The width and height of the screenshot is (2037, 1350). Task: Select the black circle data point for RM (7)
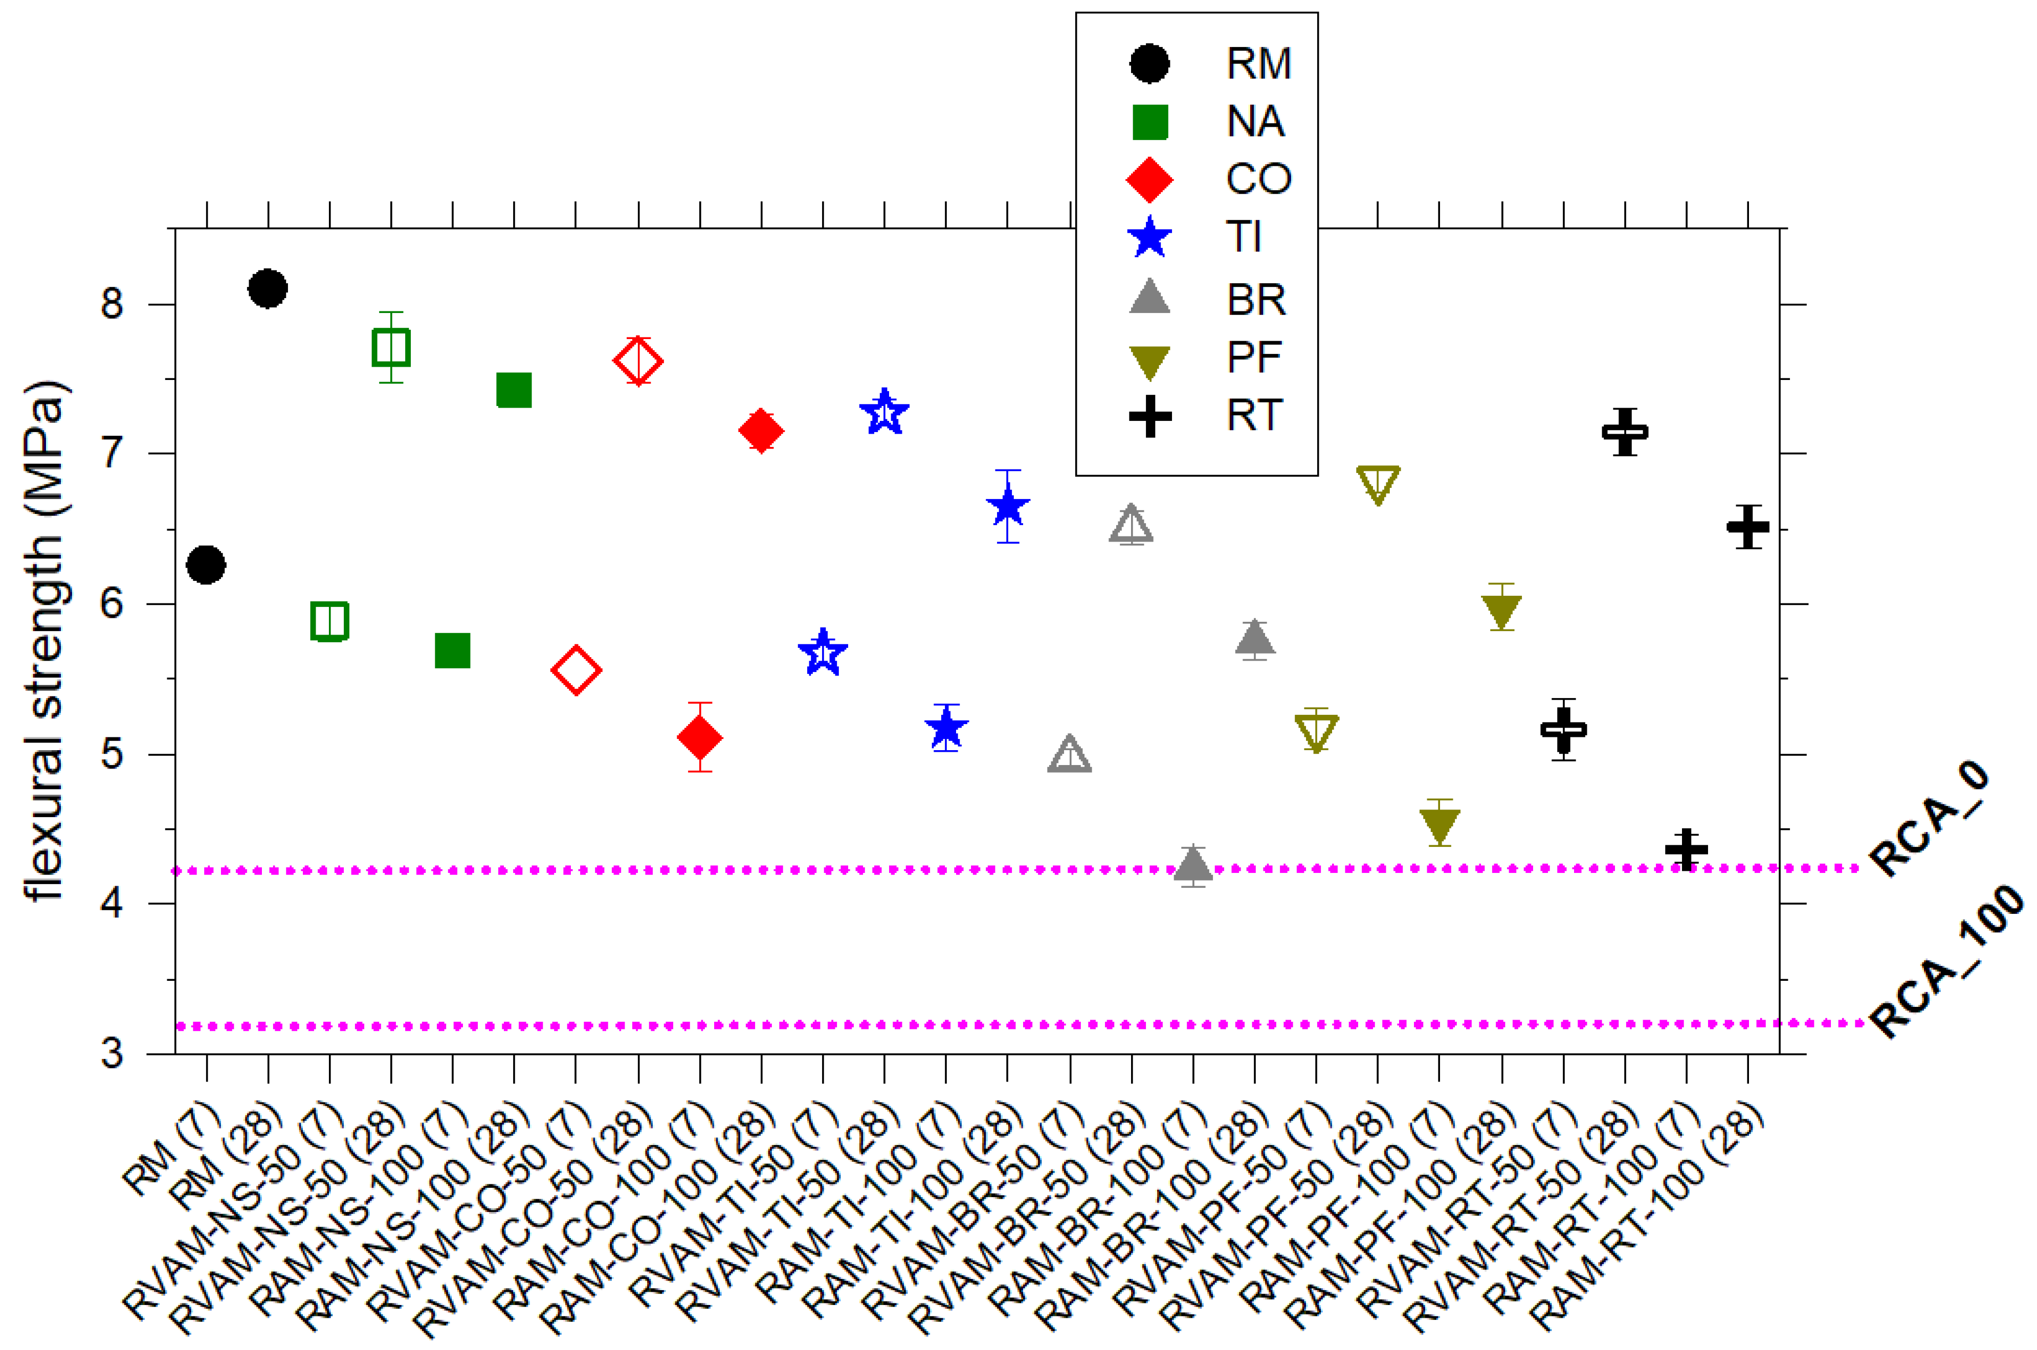(x=206, y=566)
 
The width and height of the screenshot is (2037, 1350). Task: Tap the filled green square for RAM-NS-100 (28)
(x=514, y=390)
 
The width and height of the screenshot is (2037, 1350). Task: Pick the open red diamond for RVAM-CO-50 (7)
(x=575, y=670)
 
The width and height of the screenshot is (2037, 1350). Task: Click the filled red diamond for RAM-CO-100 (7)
(x=699, y=737)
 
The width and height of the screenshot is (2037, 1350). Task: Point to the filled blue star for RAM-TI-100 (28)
(x=1008, y=507)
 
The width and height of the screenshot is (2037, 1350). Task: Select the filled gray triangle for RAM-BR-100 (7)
(x=1193, y=864)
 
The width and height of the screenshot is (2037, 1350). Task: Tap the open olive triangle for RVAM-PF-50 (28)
(x=1377, y=484)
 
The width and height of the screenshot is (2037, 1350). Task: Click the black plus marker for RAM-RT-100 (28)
(x=1747, y=527)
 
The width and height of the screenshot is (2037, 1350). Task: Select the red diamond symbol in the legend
(x=1149, y=179)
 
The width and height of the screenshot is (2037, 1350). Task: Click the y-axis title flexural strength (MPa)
(x=45, y=641)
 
